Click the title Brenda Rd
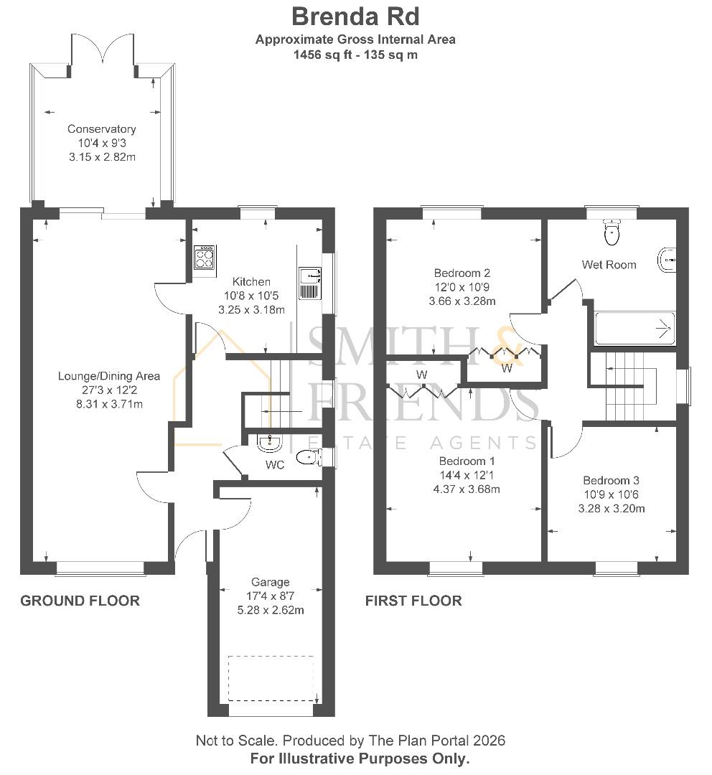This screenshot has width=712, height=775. tap(355, 17)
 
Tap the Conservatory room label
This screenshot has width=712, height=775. tap(102, 129)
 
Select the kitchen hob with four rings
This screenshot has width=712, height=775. tap(205, 257)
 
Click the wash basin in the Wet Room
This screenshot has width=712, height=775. tap(667, 260)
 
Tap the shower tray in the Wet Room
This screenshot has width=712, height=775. tap(634, 328)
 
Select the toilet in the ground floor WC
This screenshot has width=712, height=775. tap(309, 458)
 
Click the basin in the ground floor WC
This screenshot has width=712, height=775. tap(269, 443)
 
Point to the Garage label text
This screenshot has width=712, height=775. tap(271, 582)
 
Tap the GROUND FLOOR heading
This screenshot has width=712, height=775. tap(80, 601)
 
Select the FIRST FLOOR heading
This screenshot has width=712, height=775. tap(413, 601)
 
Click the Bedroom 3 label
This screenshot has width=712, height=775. tap(611, 480)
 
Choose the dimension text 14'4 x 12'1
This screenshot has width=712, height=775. tap(467, 476)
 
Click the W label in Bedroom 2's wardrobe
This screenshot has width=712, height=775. tap(507, 368)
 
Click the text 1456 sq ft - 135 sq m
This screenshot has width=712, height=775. tap(355, 55)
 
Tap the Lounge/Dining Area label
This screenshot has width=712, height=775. tap(109, 376)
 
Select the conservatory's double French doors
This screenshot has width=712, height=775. tap(103, 51)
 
